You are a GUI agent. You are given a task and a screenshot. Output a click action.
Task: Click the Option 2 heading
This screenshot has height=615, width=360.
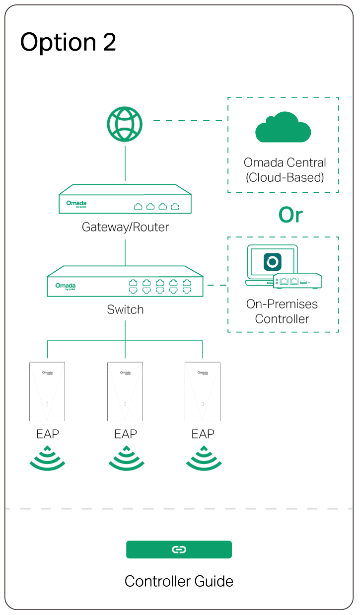click(69, 42)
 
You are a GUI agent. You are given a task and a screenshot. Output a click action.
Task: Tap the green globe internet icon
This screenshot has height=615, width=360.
click(125, 124)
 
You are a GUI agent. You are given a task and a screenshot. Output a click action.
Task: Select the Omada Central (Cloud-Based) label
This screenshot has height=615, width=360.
click(285, 170)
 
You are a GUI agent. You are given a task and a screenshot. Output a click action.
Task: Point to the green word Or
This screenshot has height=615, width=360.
click(290, 215)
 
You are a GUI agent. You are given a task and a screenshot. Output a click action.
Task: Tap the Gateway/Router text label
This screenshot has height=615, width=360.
click(125, 227)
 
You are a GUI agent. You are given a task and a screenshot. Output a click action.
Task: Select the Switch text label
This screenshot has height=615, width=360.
click(125, 309)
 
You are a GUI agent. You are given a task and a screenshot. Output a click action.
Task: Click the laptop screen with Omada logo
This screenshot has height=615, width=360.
click(273, 262)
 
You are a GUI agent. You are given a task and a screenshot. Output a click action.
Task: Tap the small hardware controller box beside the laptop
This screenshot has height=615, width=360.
click(297, 281)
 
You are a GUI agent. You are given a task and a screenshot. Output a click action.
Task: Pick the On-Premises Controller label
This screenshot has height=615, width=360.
click(282, 311)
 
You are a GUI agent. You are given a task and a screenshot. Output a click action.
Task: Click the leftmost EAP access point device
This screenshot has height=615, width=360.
click(47, 391)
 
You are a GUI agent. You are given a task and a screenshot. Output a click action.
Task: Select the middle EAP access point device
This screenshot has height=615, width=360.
click(125, 391)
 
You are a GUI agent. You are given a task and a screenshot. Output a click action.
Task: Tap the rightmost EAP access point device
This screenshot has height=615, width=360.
click(203, 391)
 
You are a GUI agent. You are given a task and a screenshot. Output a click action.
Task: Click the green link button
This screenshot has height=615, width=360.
click(179, 549)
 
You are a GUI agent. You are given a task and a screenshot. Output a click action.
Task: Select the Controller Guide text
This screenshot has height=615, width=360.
click(179, 581)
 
